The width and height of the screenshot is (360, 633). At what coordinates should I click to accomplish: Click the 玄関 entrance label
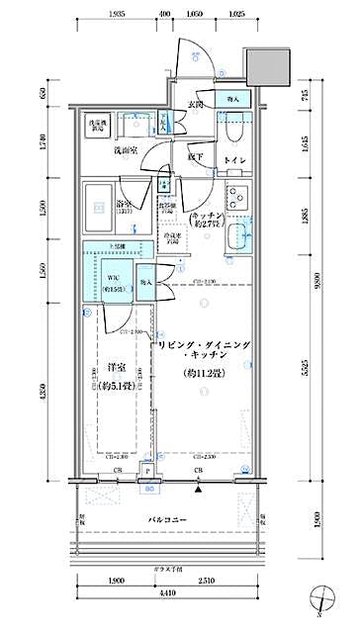click(196, 104)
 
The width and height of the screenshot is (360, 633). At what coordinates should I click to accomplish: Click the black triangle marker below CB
click(200, 489)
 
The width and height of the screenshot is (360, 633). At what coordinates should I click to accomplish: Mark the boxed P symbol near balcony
click(148, 474)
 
